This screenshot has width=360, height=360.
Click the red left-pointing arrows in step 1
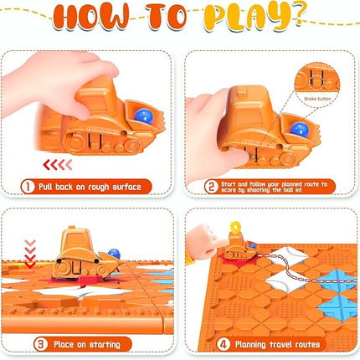point(59,164)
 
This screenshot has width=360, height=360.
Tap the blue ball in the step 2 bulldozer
point(298,127)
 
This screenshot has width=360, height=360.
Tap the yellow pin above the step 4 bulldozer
point(239,228)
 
